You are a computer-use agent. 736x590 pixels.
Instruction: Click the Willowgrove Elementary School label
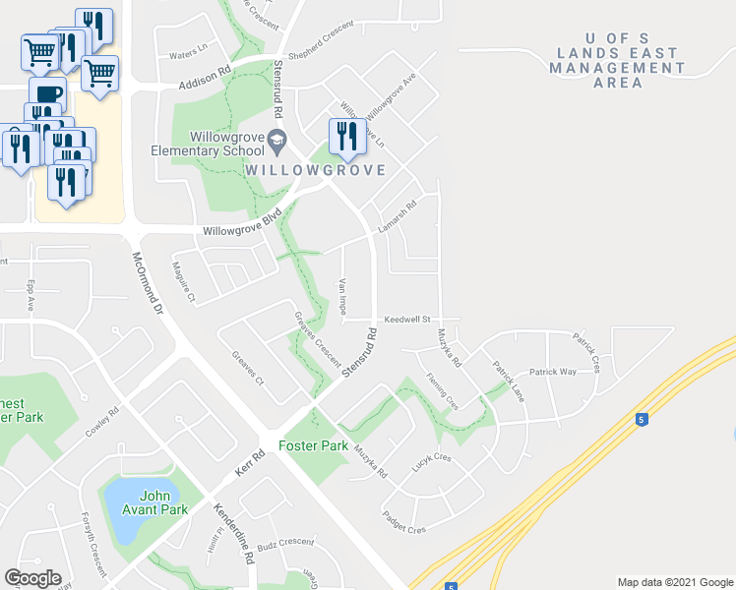tap(207, 145)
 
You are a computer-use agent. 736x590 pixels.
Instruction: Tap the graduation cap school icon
tap(276, 142)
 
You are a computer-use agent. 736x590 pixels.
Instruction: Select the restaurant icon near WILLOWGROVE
tap(346, 138)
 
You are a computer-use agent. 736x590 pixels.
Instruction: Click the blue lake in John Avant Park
tap(126, 509)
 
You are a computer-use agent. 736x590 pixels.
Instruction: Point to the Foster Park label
tap(314, 445)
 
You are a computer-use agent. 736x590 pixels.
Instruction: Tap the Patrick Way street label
tap(552, 373)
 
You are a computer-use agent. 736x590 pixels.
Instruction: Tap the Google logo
tap(32, 578)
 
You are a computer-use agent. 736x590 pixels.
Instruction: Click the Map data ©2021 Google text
tap(675, 582)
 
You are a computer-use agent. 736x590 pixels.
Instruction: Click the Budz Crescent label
tap(285, 543)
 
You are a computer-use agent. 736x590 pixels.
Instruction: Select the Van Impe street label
tap(341, 296)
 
